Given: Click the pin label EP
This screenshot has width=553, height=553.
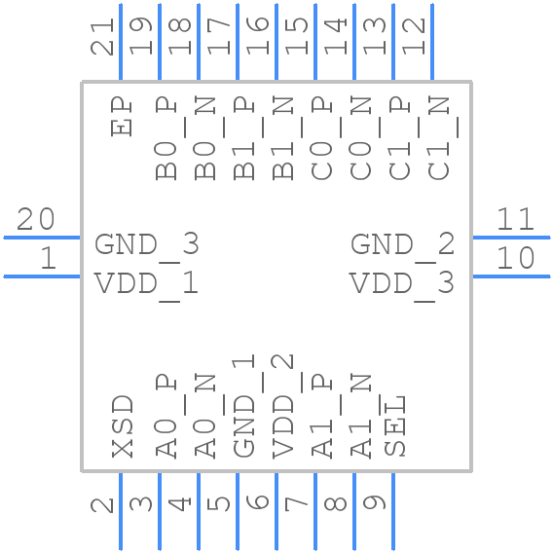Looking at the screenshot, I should click(x=122, y=115).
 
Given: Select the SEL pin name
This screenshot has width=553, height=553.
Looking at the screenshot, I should click(x=394, y=426).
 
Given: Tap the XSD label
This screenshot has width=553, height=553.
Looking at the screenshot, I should click(x=122, y=426).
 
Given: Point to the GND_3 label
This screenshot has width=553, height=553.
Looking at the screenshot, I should click(x=147, y=244).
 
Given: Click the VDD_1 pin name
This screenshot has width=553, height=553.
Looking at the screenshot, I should click(x=147, y=283).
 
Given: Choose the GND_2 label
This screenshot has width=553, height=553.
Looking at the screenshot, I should click(x=403, y=244).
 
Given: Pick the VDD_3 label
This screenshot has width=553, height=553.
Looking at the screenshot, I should click(x=403, y=283).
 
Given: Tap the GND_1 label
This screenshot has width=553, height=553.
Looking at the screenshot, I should click(x=244, y=407).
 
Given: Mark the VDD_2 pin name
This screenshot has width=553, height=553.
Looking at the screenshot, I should click(x=283, y=407).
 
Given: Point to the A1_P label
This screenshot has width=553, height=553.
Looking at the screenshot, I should click(x=322, y=415).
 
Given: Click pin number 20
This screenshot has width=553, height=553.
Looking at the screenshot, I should click(x=35, y=220).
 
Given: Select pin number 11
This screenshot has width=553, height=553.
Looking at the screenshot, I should click(x=516, y=220).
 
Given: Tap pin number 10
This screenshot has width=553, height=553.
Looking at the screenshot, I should click(x=516, y=259).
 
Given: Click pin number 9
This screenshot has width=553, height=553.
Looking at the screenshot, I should click(x=377, y=503).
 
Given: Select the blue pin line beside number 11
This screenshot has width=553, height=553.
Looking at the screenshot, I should click(x=511, y=237).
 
